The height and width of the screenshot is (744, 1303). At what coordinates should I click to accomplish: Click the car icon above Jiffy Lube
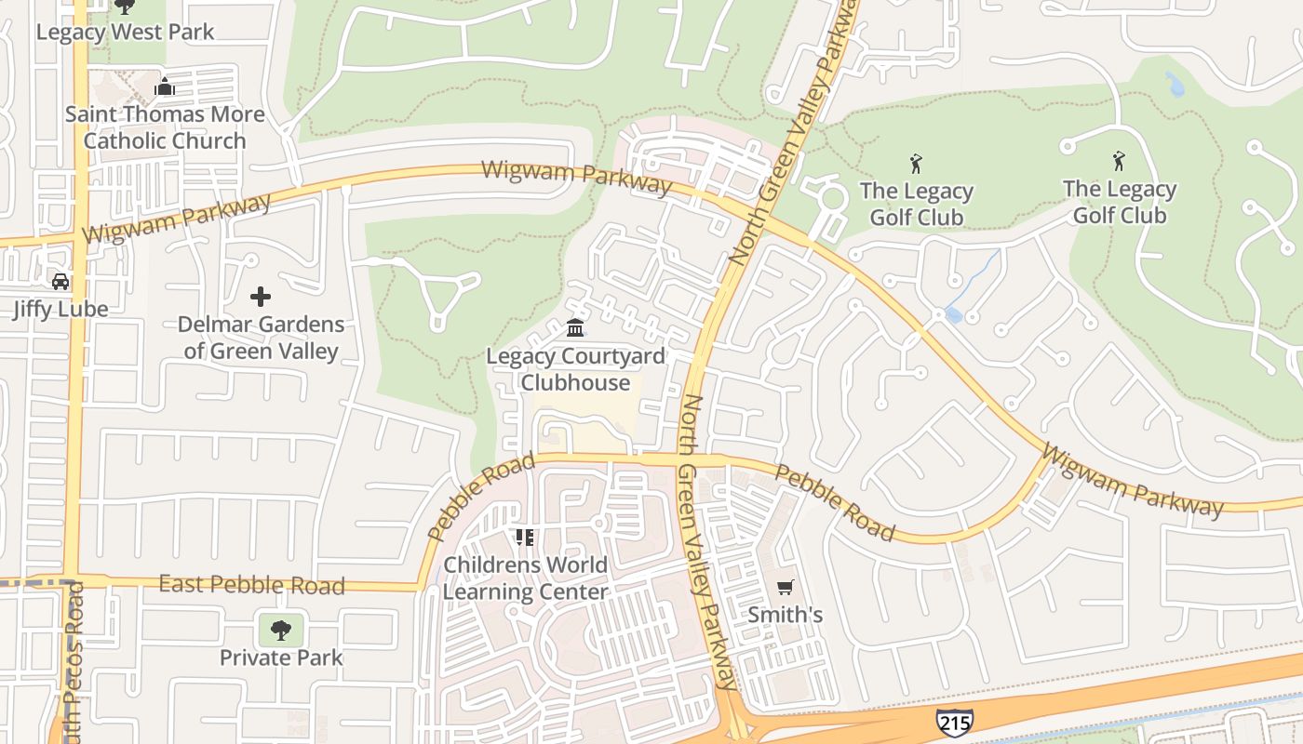[x=60, y=281]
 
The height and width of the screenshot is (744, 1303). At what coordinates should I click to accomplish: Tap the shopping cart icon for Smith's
[x=785, y=587]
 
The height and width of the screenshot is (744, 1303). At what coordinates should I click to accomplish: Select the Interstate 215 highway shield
[x=955, y=722]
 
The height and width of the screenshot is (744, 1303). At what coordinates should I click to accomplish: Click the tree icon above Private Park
[x=280, y=631]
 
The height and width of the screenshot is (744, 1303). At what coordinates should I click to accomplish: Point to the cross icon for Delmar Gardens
[x=261, y=297]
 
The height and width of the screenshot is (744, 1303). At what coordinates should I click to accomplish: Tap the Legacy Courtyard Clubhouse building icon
[x=575, y=328]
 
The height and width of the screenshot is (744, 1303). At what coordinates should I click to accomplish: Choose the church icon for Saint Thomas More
[x=165, y=87]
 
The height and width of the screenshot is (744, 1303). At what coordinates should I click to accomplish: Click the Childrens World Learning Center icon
[x=525, y=538]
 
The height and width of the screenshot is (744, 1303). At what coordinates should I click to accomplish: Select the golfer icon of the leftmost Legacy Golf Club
[x=916, y=165]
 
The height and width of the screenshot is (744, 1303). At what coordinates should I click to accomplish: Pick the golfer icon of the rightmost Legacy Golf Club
[x=1119, y=162]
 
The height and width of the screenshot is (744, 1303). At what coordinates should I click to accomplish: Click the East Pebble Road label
[x=251, y=585]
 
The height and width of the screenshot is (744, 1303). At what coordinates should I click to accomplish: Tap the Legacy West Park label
[x=125, y=32]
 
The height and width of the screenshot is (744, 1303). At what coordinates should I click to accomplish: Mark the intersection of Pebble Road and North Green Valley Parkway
[x=690, y=459]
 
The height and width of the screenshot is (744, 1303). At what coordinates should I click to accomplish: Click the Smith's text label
[x=786, y=615]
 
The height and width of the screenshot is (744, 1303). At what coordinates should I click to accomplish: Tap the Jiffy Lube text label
[x=60, y=309]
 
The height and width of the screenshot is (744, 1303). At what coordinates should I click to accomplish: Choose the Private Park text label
[x=281, y=658]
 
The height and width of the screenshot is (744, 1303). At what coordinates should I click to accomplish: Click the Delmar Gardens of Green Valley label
[x=262, y=338]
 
